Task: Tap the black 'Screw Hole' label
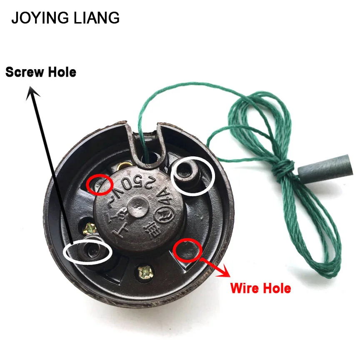(41, 72)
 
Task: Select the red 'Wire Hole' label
(260, 287)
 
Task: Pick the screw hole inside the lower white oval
(90, 251)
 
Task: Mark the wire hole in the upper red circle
(99, 183)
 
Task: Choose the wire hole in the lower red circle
(186, 250)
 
